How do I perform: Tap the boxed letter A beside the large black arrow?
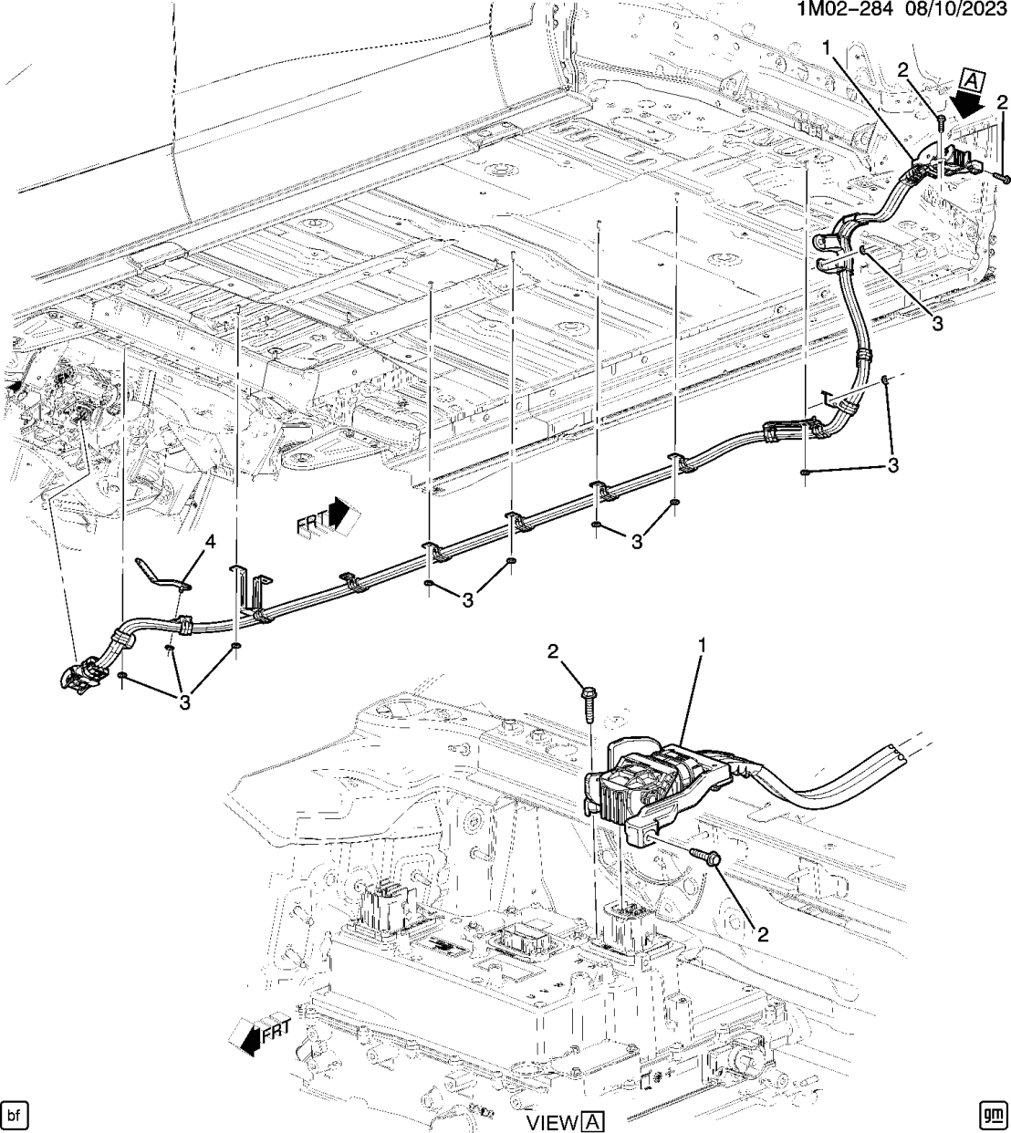click(x=973, y=82)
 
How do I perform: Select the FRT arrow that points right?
click(x=324, y=518)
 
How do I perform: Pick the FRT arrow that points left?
click(x=262, y=1035)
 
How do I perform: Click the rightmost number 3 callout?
click(x=893, y=465)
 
